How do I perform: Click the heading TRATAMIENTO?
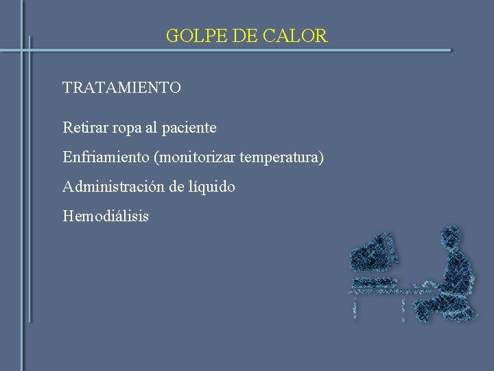pyautogui.click(x=121, y=88)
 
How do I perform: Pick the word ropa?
pyautogui.click(x=128, y=128)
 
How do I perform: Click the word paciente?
pyautogui.click(x=190, y=128)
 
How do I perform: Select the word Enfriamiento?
pyautogui.click(x=106, y=157)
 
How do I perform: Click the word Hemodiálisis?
pyautogui.click(x=105, y=216)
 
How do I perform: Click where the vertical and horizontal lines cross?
pyautogui.click(x=29, y=50)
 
